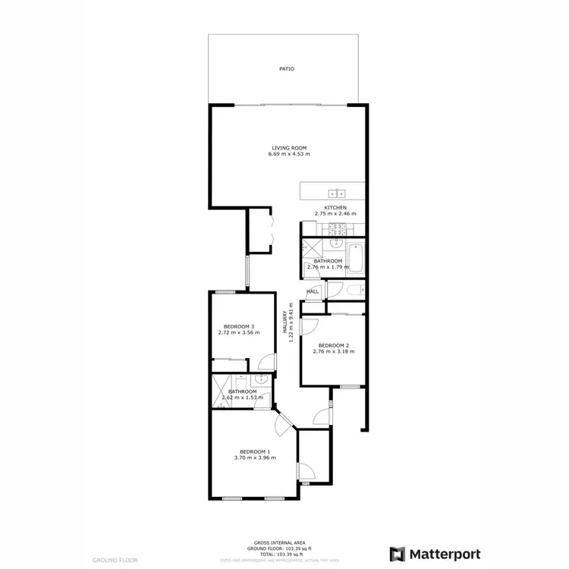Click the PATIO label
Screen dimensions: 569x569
coord(286,69)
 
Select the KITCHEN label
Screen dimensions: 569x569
coord(335,208)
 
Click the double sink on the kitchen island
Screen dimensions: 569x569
coord(337,193)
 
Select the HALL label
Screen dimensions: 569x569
coord(313,291)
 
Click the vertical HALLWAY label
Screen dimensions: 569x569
coord(286,325)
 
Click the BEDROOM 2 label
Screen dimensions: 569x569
coord(333,345)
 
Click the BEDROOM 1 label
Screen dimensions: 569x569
coord(254,452)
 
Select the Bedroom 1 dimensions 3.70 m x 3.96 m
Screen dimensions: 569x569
coord(255,458)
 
